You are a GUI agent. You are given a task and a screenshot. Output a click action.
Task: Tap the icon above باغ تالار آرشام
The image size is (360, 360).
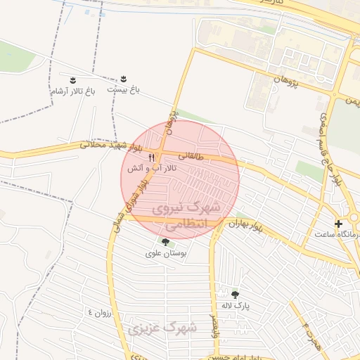[x=72, y=79]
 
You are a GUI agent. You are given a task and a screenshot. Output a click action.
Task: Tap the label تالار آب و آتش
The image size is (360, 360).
[x=152, y=169]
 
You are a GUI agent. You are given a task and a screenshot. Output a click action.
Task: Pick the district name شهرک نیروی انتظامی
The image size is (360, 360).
[x=186, y=215]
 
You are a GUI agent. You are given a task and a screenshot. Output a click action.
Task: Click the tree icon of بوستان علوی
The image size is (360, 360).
[x=165, y=242]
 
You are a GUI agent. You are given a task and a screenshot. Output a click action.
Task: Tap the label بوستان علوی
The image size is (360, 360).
[x=165, y=253]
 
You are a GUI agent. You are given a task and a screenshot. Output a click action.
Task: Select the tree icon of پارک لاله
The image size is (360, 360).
[x=235, y=295]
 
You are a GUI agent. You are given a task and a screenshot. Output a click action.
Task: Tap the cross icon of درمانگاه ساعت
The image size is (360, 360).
[x=339, y=224]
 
